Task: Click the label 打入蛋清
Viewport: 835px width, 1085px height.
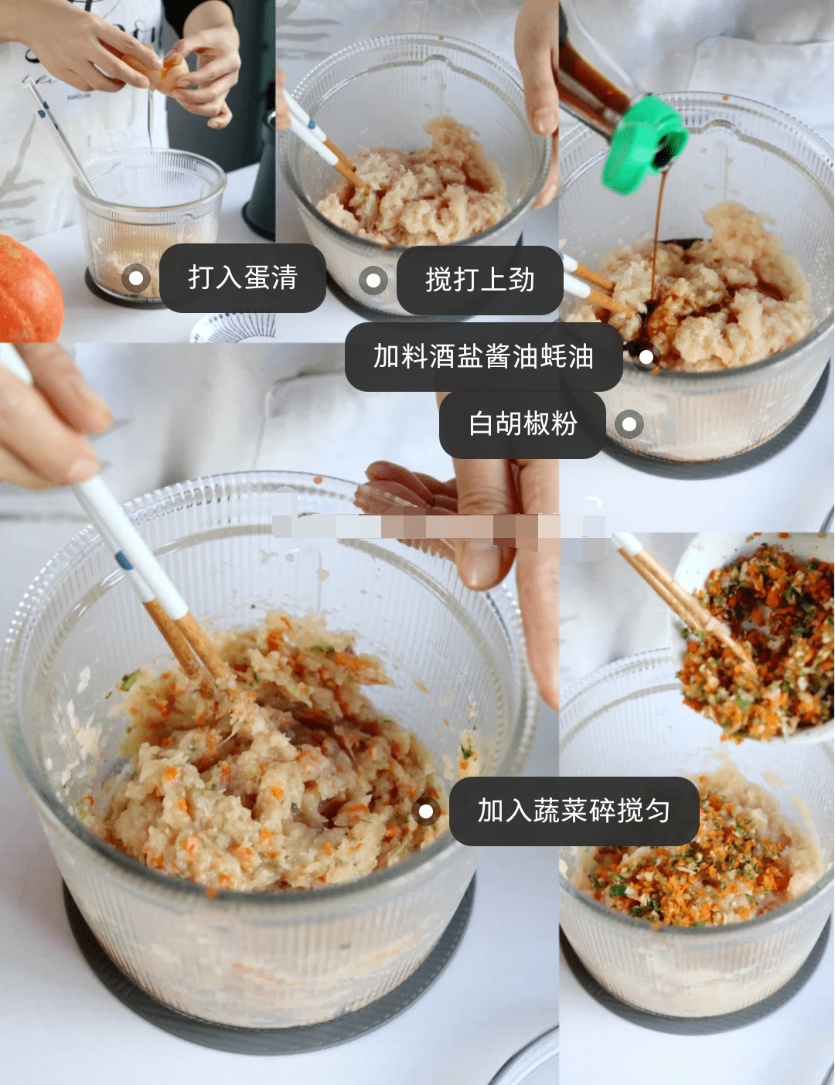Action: [243, 277]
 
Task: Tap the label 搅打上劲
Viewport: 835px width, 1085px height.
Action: [479, 280]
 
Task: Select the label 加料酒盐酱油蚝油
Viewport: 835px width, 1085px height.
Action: [483, 356]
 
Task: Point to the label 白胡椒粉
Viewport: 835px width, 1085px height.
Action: [523, 424]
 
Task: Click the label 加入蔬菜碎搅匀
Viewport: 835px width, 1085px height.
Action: [574, 811]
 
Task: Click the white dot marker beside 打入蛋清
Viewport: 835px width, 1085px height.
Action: [136, 278]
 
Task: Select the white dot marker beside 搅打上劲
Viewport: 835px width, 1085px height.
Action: [373, 280]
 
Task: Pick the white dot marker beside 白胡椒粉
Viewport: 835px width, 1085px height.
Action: [629, 424]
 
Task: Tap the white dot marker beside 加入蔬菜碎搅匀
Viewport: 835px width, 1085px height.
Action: [426, 811]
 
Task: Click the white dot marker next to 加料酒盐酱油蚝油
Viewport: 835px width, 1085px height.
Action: [646, 357]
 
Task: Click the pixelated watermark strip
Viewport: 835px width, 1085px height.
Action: [439, 524]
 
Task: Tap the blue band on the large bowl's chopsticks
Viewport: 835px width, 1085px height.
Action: [124, 561]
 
